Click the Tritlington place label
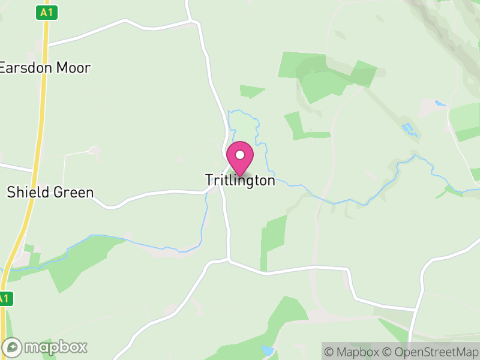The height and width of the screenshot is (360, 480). [240, 180]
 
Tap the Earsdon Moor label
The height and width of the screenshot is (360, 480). [45, 67]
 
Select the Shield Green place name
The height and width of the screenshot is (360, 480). [50, 193]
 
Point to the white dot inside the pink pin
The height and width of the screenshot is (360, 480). [240, 155]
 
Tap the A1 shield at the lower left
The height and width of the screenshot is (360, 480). [4, 298]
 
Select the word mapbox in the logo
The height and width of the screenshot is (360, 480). [55, 347]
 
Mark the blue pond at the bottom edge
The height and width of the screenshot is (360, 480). [267, 350]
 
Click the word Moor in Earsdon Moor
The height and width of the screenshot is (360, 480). [73, 67]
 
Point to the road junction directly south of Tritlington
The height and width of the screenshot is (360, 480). [228, 260]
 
